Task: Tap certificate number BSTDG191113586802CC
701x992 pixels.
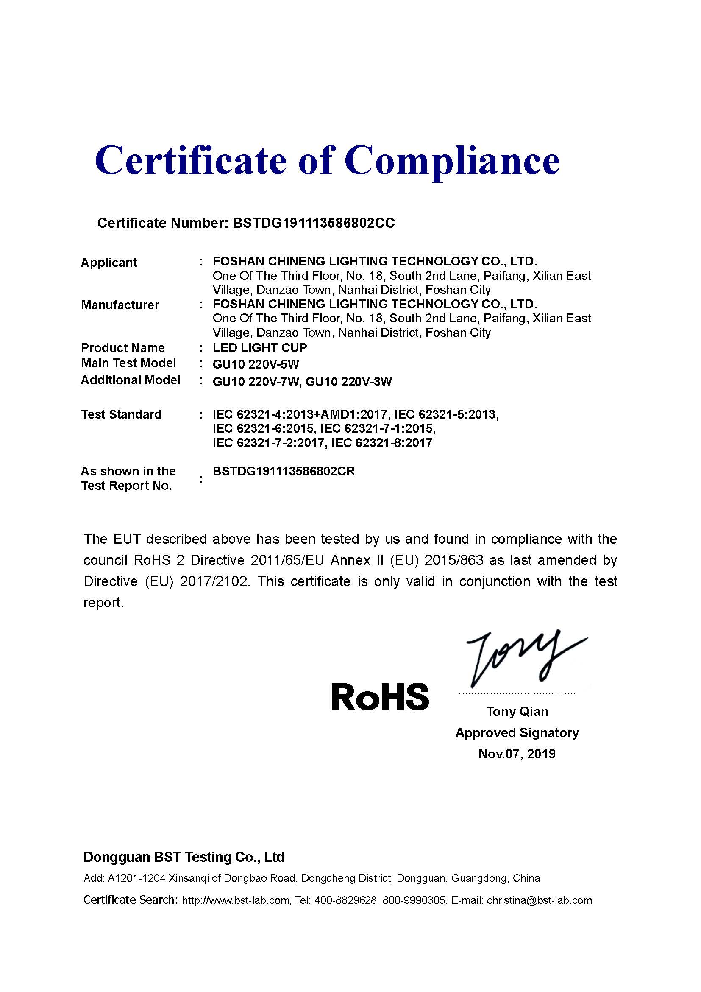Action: click(313, 223)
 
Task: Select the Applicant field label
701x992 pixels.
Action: click(109, 263)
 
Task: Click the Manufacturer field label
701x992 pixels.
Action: click(120, 305)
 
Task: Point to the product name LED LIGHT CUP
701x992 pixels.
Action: click(260, 348)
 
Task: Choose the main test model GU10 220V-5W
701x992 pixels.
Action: click(256, 364)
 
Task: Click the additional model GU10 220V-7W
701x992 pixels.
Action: click(256, 382)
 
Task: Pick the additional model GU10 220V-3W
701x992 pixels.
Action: click(349, 382)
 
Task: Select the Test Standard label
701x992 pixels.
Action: click(121, 414)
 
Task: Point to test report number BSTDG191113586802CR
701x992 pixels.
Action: click(284, 471)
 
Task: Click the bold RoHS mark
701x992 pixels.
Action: click(380, 696)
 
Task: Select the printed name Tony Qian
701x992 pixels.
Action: click(517, 712)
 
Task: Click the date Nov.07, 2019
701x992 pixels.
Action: click(517, 754)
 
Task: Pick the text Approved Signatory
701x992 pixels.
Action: click(517, 733)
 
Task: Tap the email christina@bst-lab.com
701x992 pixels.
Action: click(539, 900)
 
